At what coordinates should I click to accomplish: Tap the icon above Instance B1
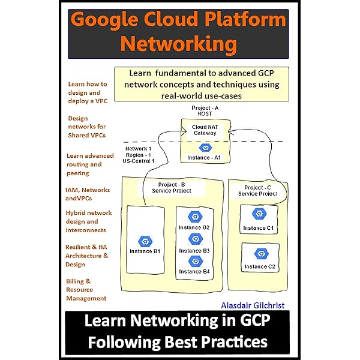(x=145, y=241)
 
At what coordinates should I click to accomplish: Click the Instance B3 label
(x=194, y=250)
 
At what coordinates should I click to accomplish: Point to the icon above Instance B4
(x=194, y=261)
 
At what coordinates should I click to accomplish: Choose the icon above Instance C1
(x=259, y=214)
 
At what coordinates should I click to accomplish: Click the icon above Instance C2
(x=259, y=253)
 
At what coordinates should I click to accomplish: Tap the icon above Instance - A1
(x=205, y=148)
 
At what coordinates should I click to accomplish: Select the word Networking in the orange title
(x=179, y=44)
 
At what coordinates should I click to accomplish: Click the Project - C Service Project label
(x=258, y=191)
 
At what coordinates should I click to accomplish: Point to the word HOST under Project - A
(x=205, y=114)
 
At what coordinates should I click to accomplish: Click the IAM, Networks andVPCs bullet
(x=88, y=194)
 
